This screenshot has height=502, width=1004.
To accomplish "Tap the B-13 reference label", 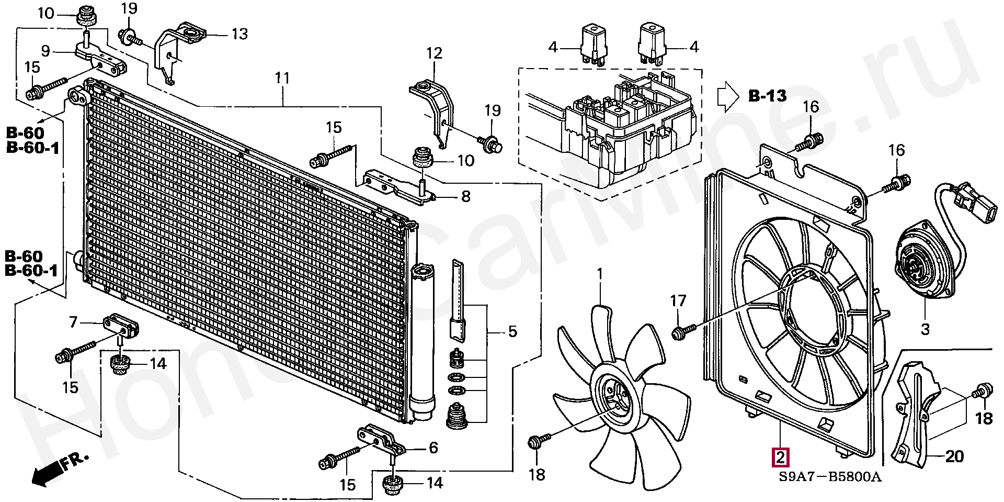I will pyautogui.click(x=767, y=96).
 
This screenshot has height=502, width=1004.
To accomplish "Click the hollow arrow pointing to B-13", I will pyautogui.click(x=727, y=96).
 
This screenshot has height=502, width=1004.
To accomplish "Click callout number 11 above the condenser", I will pyautogui.click(x=282, y=79).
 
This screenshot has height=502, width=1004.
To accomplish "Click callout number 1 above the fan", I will pyautogui.click(x=600, y=274).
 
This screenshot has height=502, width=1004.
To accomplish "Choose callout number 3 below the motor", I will pyautogui.click(x=925, y=329).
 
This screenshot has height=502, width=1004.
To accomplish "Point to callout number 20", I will pyautogui.click(x=954, y=457).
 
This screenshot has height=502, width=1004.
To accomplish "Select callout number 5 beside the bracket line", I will pyautogui.click(x=512, y=331).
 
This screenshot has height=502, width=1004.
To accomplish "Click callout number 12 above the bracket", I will pyautogui.click(x=434, y=53).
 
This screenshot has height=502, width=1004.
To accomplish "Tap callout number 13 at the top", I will pyautogui.click(x=239, y=35).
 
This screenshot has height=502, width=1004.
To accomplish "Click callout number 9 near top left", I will pyautogui.click(x=45, y=51).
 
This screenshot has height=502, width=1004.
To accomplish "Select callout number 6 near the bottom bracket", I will pyautogui.click(x=433, y=448).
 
